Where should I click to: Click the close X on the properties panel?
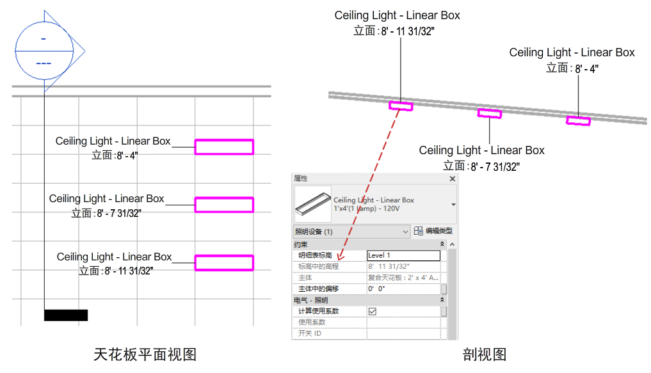(453, 179)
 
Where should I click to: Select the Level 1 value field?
(403, 255)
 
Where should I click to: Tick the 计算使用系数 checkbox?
(372, 311)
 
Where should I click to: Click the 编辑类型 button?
(433, 231)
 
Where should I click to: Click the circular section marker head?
(44, 51)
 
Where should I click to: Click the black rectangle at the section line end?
(66, 315)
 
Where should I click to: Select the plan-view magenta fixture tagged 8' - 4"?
(224, 147)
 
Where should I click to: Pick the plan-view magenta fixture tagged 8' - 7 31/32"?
(224, 205)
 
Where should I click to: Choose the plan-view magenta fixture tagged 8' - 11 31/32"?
(224, 263)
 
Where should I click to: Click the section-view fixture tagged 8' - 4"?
(578, 120)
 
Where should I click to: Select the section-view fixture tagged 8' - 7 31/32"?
(490, 113)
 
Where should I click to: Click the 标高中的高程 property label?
(318, 266)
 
